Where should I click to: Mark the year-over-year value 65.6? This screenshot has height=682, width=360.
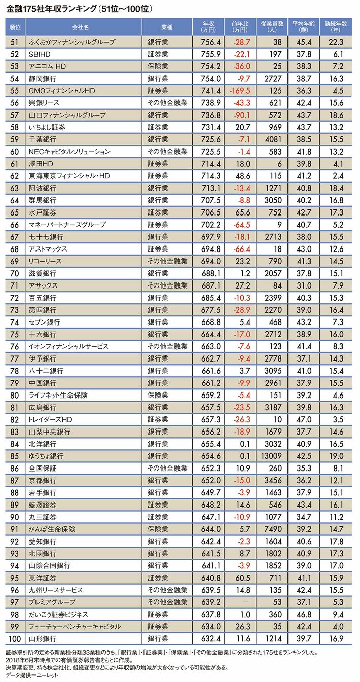pos(241,212)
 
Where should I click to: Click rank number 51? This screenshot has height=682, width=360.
pos(15,42)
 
